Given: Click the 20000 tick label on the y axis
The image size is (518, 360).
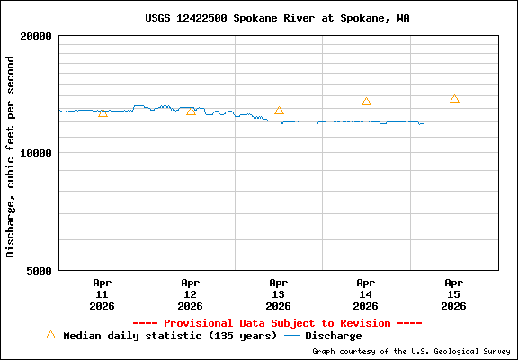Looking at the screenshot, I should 35,37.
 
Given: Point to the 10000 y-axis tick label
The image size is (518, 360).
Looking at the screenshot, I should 35,153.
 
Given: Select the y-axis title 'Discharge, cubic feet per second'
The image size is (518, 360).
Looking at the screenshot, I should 11,157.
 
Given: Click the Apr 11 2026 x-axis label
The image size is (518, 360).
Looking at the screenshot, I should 103,293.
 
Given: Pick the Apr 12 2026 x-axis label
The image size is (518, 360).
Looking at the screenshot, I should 191,293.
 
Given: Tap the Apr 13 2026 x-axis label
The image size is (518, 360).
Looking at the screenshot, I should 279,293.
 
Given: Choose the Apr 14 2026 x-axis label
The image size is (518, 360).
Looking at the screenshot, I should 366,293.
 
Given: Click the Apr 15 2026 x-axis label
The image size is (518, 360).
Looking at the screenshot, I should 454,293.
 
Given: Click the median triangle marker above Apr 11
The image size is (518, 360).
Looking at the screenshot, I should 103,112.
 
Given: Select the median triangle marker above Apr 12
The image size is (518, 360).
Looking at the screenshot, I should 191,111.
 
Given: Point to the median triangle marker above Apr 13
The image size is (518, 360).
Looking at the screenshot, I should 279,110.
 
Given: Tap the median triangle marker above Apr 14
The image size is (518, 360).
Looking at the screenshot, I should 366,102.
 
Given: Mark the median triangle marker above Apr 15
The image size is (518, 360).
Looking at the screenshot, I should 454,98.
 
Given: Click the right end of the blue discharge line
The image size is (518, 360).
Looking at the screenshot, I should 423,123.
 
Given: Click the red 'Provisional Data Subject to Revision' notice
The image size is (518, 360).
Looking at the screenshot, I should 277,322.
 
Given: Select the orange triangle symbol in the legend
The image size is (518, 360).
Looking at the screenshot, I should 50,335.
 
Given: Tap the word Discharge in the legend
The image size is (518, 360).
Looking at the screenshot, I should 333,336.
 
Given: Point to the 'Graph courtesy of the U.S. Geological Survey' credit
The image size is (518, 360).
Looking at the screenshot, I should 410,351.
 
